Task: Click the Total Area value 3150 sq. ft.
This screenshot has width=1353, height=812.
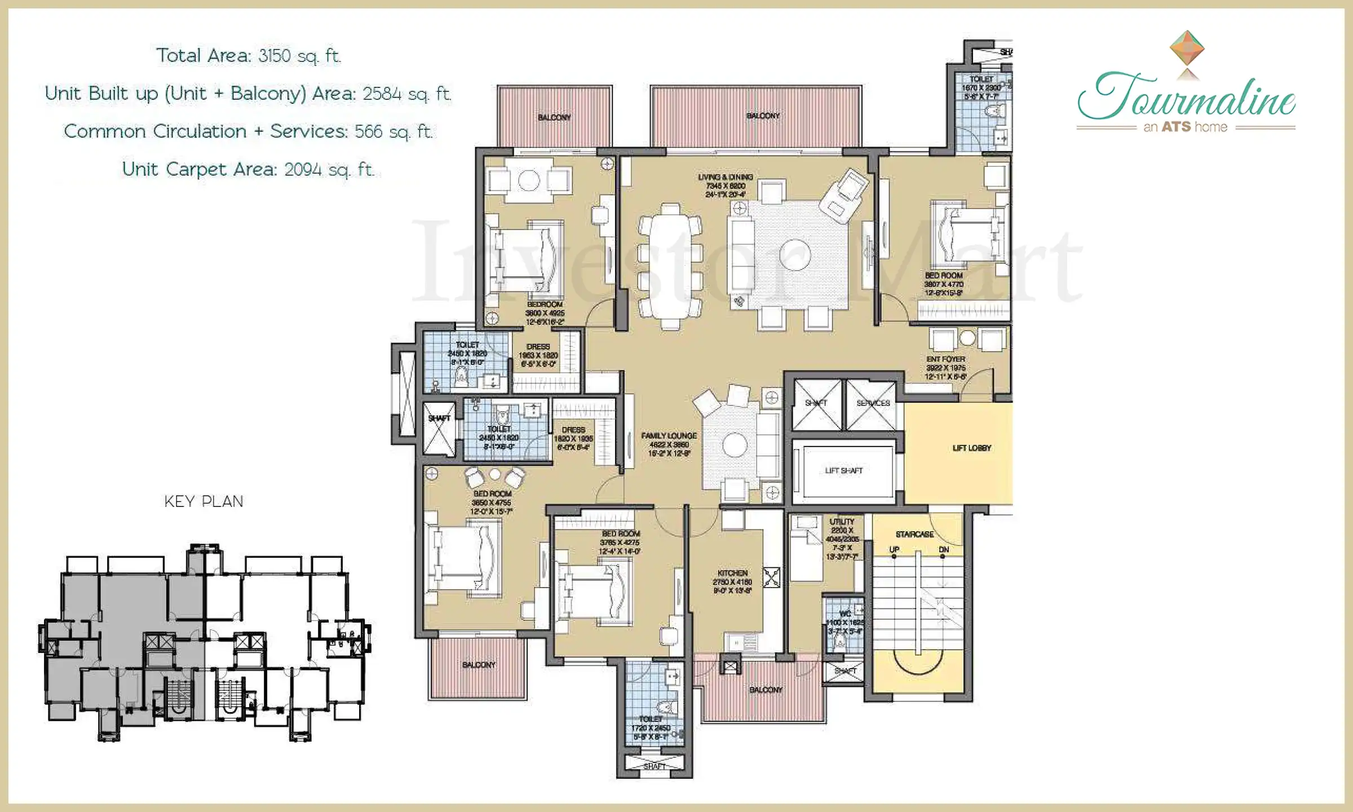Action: pyautogui.click(x=299, y=56)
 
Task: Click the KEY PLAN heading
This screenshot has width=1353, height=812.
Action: pyautogui.click(x=204, y=501)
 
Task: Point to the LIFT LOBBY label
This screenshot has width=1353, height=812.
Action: pyautogui.click(x=971, y=448)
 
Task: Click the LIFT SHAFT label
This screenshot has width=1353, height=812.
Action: pyautogui.click(x=843, y=470)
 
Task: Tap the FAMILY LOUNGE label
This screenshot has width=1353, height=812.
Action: pyautogui.click(x=669, y=436)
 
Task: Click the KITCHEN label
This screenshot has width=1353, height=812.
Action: pyautogui.click(x=732, y=573)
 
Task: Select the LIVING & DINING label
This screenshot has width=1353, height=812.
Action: pyautogui.click(x=726, y=177)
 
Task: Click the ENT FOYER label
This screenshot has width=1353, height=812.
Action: pyautogui.click(x=945, y=359)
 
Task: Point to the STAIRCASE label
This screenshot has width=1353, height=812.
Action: pyautogui.click(x=914, y=534)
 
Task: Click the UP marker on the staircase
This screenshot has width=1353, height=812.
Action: pyautogui.click(x=894, y=549)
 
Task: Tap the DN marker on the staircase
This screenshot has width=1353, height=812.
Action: pyautogui.click(x=944, y=549)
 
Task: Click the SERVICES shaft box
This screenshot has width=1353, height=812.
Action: pyautogui.click(x=872, y=404)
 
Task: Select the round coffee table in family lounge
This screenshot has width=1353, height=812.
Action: pyautogui.click(x=735, y=445)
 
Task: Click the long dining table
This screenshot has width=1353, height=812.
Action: pyautogui.click(x=670, y=265)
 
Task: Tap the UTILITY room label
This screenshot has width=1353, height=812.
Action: pyautogui.click(x=842, y=522)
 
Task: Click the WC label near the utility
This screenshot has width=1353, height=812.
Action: pyautogui.click(x=844, y=614)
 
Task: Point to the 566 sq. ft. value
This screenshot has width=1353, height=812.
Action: pyautogui.click(x=393, y=131)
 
